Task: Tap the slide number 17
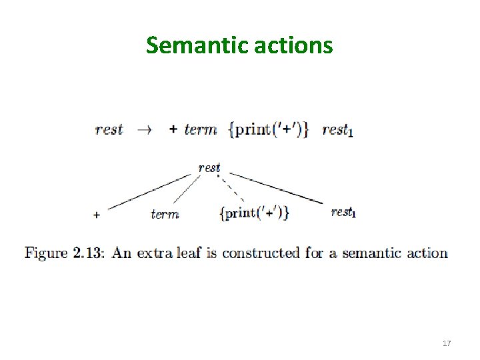point(447,343)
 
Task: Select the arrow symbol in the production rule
point(145,130)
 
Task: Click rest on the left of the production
point(109,129)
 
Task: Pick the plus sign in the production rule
point(173,130)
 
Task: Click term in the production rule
point(201,129)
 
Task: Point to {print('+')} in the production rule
point(269,129)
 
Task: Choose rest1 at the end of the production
point(337,130)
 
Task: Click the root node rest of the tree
point(209,167)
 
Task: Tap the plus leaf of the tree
point(97,215)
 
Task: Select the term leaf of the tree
point(165,214)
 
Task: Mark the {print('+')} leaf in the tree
point(254,213)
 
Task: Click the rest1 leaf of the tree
point(343,213)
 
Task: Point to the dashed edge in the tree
point(233,189)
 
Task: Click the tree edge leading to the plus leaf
point(150,192)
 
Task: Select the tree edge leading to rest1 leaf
point(277,188)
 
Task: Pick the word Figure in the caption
point(47,253)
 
